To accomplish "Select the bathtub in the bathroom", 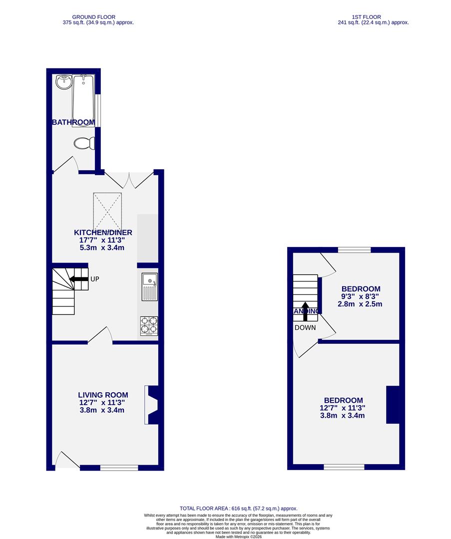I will pos(83,100).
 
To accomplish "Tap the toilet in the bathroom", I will pos(84,143).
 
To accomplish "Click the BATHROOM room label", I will pos(73,122).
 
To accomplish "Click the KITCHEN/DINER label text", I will pos(103,233).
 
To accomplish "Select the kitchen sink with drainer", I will pos(150,286).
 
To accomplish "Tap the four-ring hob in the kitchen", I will pos(149,325).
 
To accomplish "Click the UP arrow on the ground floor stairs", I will pos(78,279).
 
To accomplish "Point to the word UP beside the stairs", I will pos(95,279).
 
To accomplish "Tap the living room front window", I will pos(119,468).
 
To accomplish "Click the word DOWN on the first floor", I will pos(305,328).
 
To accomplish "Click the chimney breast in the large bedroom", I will pos(393,405).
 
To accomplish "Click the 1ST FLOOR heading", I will pos(373,16).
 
